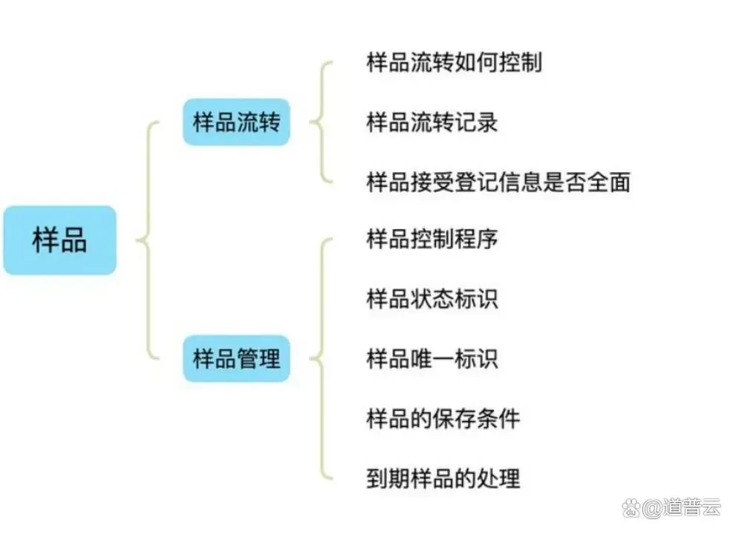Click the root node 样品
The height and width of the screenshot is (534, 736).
tap(59, 240)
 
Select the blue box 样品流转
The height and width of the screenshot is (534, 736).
tap(236, 122)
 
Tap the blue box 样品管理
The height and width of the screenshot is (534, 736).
tap(236, 360)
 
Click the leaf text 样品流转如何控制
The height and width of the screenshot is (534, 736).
tap(454, 62)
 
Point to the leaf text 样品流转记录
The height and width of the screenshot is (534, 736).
tap(432, 122)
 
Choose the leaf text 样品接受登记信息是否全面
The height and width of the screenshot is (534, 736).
tap(498, 182)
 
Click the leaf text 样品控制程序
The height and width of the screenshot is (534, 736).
tap(432, 240)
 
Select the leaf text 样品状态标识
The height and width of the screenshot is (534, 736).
tap(432, 300)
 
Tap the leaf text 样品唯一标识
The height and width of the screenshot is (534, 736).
tap(432, 360)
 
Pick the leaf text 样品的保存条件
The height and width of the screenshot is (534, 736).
tap(443, 419)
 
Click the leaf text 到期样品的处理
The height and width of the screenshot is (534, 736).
tap(443, 478)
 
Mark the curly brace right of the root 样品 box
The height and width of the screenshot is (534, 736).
tap(147, 240)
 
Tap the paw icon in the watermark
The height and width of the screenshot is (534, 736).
tap(632, 507)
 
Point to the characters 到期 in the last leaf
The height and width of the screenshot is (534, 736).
tap(388, 478)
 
